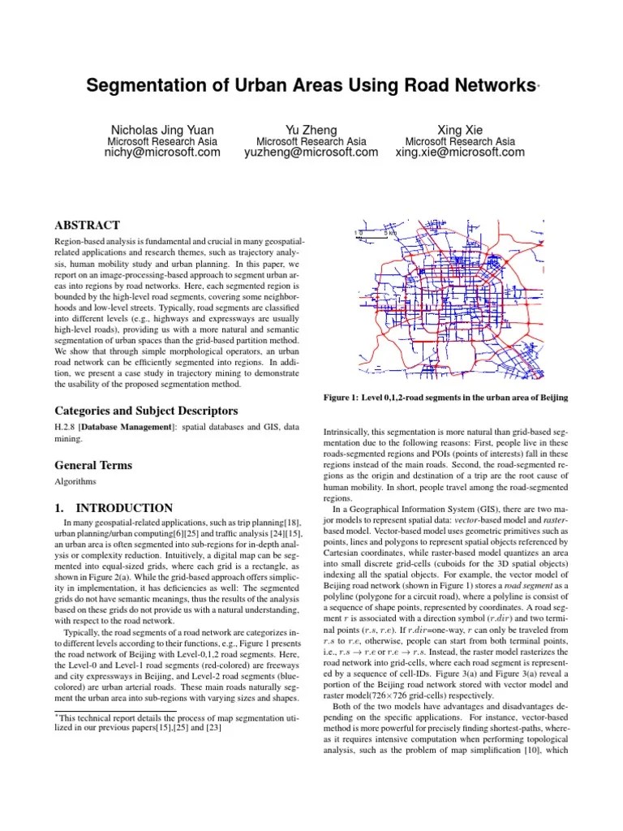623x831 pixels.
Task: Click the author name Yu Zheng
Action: point(311,129)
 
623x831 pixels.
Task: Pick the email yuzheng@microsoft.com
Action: point(311,152)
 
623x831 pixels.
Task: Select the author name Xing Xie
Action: point(460,129)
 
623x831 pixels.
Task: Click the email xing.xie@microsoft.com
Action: point(460,152)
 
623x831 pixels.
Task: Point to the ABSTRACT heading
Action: point(87,225)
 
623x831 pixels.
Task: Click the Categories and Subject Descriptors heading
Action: point(146,411)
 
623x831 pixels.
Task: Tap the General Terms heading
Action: point(93,466)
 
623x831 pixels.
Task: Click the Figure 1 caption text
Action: point(445,397)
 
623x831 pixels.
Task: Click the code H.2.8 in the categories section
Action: point(67,426)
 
